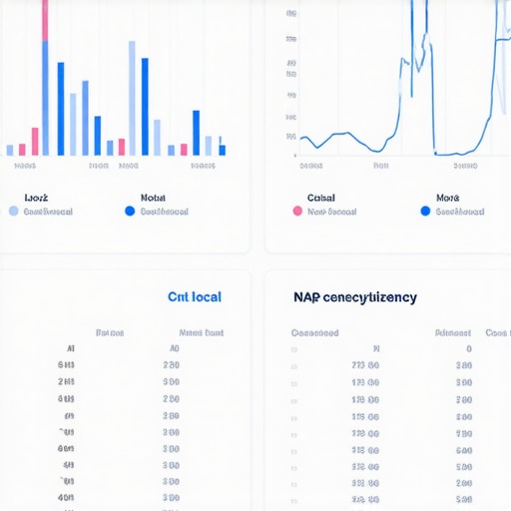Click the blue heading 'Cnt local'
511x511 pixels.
[x=195, y=297]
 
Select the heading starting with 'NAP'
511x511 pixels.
[x=355, y=297]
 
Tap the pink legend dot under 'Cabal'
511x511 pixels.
[x=296, y=212]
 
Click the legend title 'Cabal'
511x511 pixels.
[x=321, y=198]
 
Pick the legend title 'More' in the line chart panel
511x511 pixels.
[x=447, y=198]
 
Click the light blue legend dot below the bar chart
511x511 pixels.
[x=13, y=212]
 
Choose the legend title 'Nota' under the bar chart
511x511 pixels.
[x=153, y=198]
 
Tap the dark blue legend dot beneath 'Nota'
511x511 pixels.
[x=129, y=212]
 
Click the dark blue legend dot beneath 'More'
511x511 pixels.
[x=425, y=212]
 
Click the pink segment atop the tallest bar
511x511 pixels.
[x=45, y=20]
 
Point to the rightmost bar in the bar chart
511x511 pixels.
[x=222, y=150]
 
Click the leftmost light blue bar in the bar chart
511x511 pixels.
[x=10, y=151]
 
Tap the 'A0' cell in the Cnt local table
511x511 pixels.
[x=174, y=349]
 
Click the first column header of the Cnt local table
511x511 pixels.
[x=109, y=332]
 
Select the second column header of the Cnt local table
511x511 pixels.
[x=201, y=332]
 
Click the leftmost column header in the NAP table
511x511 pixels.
[x=314, y=332]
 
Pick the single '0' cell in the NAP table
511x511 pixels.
[x=468, y=349]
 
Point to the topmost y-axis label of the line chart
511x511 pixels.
[x=290, y=15]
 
